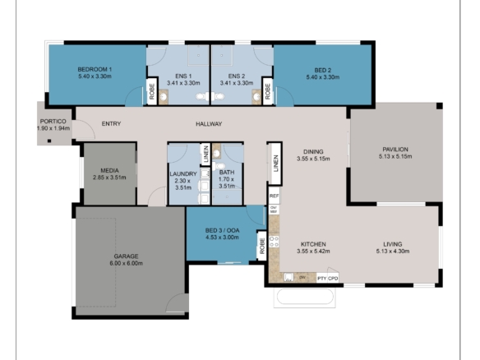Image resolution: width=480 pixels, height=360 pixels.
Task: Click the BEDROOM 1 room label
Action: point(95,70)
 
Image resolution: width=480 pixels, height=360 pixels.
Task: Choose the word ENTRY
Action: point(112,124)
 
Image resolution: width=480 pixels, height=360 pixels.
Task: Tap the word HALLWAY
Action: point(209,124)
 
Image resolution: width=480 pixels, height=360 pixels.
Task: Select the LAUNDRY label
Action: point(182,174)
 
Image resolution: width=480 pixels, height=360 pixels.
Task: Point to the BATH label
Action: point(226,173)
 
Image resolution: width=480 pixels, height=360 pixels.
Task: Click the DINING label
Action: point(312,152)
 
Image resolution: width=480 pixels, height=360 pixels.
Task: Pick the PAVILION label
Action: point(393,150)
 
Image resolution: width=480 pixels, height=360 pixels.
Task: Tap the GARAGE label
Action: point(126,256)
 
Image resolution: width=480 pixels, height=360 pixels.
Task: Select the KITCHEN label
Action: point(313,244)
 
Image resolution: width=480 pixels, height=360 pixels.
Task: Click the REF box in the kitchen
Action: point(275,197)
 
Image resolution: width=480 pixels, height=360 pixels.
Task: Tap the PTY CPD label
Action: point(327,279)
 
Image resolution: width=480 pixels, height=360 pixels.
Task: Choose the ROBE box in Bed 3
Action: point(262,244)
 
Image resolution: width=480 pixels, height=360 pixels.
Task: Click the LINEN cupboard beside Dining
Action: point(275,168)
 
